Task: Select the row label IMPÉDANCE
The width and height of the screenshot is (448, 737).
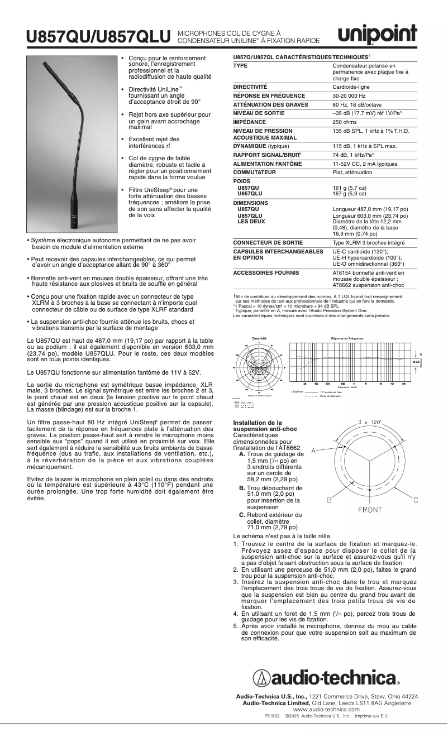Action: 249,122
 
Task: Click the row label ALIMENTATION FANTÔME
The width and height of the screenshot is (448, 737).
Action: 267,164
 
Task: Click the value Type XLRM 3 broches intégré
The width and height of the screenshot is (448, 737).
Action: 369,243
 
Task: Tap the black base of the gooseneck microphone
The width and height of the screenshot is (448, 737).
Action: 73,215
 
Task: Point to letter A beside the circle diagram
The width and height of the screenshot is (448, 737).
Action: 314,450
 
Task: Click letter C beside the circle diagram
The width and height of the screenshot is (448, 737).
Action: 416,500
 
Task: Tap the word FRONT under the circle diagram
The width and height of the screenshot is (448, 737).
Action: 370,510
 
